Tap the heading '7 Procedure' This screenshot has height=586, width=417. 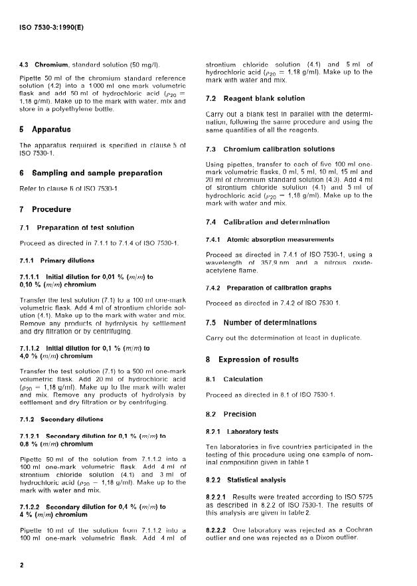tap(46, 209)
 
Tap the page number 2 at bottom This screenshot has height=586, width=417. tap(22, 565)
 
